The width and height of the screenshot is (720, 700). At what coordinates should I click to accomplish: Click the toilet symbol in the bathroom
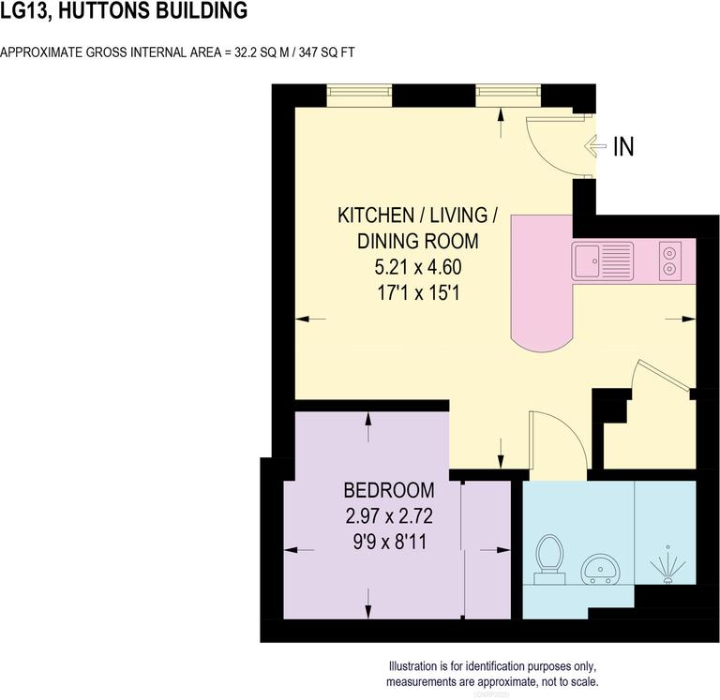[549, 558]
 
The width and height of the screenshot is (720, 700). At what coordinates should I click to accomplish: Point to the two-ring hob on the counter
[670, 260]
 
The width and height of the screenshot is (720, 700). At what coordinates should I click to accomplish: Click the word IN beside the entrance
[623, 146]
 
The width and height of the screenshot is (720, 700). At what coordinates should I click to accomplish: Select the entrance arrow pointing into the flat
[594, 146]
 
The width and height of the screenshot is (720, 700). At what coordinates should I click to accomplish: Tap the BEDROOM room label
[388, 490]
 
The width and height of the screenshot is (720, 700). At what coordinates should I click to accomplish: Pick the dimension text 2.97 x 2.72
[388, 515]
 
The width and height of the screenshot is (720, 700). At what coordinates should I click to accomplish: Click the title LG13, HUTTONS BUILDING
[124, 12]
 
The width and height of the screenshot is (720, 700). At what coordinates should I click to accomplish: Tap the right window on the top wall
[507, 94]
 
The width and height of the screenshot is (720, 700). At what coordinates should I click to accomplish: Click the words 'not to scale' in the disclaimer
[566, 681]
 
